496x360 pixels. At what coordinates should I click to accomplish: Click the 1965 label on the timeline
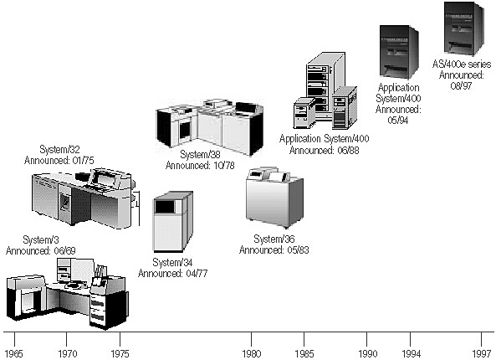(x=14, y=353)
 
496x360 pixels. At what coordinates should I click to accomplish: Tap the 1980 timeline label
(x=252, y=353)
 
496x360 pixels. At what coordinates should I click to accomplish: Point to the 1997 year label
(x=482, y=353)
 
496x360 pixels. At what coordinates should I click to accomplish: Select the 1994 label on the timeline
(x=411, y=353)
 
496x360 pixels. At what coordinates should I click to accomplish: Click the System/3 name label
(x=41, y=239)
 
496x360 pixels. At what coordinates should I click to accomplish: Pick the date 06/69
(x=64, y=251)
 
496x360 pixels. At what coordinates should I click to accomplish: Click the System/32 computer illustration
(x=85, y=198)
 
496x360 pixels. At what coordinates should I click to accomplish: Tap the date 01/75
(x=83, y=160)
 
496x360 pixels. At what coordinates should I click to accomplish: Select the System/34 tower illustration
(x=172, y=222)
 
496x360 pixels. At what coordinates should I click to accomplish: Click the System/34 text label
(x=172, y=262)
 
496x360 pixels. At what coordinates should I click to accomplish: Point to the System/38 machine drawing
(x=210, y=127)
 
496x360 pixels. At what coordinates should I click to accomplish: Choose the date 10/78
(x=223, y=165)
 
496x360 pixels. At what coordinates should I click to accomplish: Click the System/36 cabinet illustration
(x=274, y=198)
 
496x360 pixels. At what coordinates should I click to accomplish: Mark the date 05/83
(x=298, y=249)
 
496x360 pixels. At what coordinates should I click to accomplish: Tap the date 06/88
(x=348, y=150)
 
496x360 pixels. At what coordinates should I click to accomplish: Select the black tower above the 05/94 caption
(x=399, y=52)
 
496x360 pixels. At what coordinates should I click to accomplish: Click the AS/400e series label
(x=462, y=64)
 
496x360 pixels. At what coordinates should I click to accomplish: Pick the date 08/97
(x=462, y=85)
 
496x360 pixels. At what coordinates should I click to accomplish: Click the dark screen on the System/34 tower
(x=165, y=207)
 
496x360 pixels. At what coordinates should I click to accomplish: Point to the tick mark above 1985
(x=304, y=339)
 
